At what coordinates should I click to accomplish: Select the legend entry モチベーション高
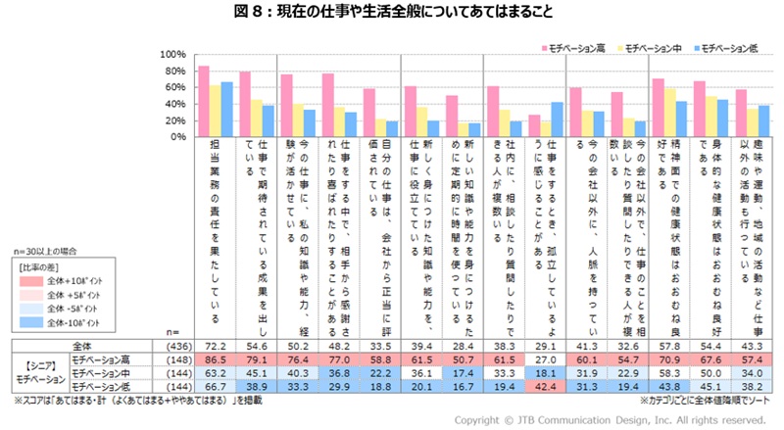click(577, 47)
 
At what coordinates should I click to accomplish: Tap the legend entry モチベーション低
click(730, 47)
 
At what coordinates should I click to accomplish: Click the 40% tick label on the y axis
click(174, 104)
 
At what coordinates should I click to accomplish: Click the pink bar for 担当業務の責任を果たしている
click(204, 101)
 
